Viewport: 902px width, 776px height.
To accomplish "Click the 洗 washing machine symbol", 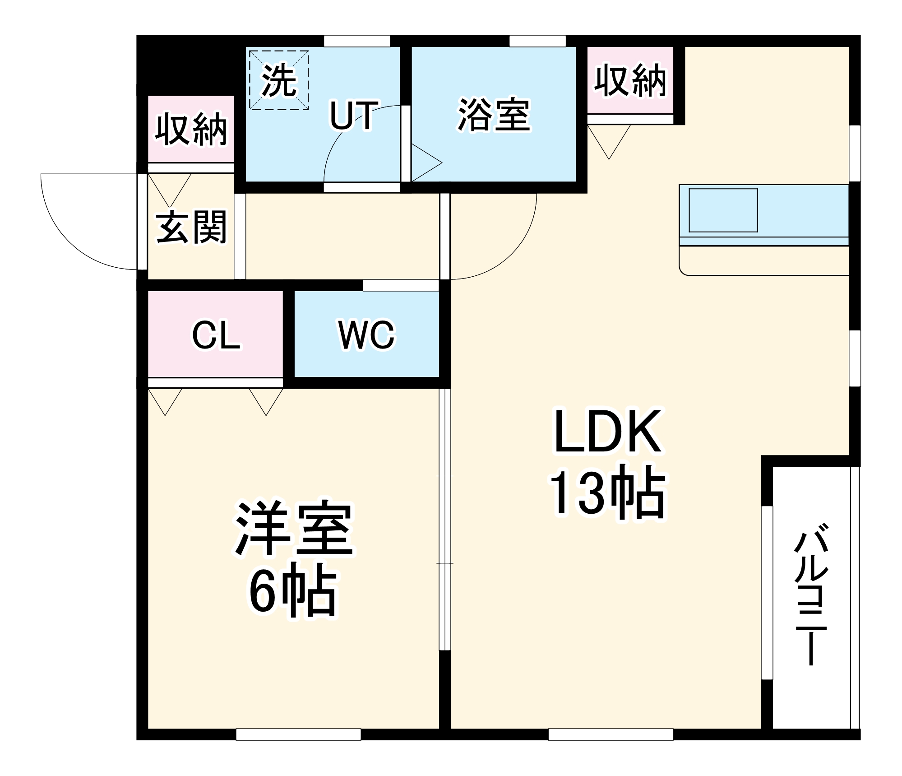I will pyautogui.click(x=279, y=80).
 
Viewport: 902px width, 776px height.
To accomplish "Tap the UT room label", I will pyautogui.click(x=353, y=116).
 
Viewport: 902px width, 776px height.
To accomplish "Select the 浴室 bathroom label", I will pyautogui.click(x=494, y=115).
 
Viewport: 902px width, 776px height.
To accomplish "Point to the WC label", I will pyautogui.click(x=366, y=335).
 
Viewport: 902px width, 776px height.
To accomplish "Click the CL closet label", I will pyautogui.click(x=216, y=335).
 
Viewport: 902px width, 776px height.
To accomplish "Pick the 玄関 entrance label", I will pyautogui.click(x=191, y=228).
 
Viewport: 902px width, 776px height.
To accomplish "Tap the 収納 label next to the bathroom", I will pyautogui.click(x=630, y=81).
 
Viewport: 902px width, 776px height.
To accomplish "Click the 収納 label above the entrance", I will pyautogui.click(x=191, y=130).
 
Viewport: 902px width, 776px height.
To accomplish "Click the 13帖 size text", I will pyautogui.click(x=607, y=493).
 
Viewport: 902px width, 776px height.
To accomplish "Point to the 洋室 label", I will pyautogui.click(x=294, y=528).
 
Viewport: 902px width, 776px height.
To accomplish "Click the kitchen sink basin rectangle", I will pyautogui.click(x=723, y=210).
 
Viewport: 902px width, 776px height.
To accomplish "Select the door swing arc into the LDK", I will pyautogui.click(x=514, y=253).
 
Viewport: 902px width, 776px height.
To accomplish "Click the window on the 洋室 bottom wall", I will pyautogui.click(x=298, y=734).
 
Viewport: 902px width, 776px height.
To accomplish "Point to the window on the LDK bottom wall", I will pyautogui.click(x=611, y=734).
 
